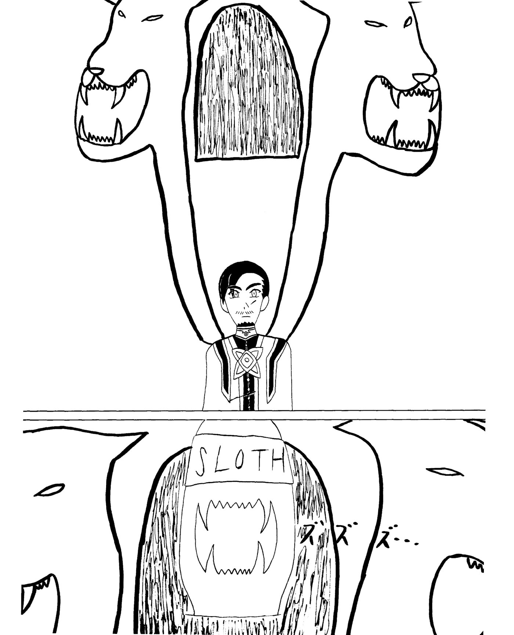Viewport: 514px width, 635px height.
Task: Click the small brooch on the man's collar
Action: point(246,334)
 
